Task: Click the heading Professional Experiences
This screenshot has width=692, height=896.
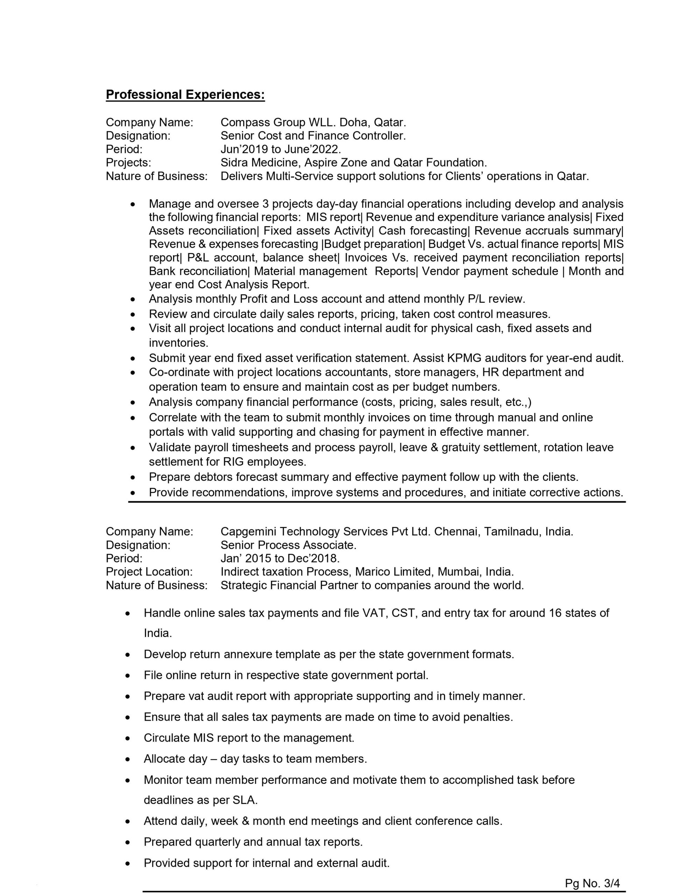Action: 185,95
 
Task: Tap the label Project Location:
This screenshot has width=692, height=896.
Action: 149,572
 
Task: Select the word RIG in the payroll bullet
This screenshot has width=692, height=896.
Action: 233,462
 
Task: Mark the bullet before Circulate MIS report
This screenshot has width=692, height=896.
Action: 128,738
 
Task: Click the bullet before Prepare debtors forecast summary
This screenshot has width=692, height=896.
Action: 132,477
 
